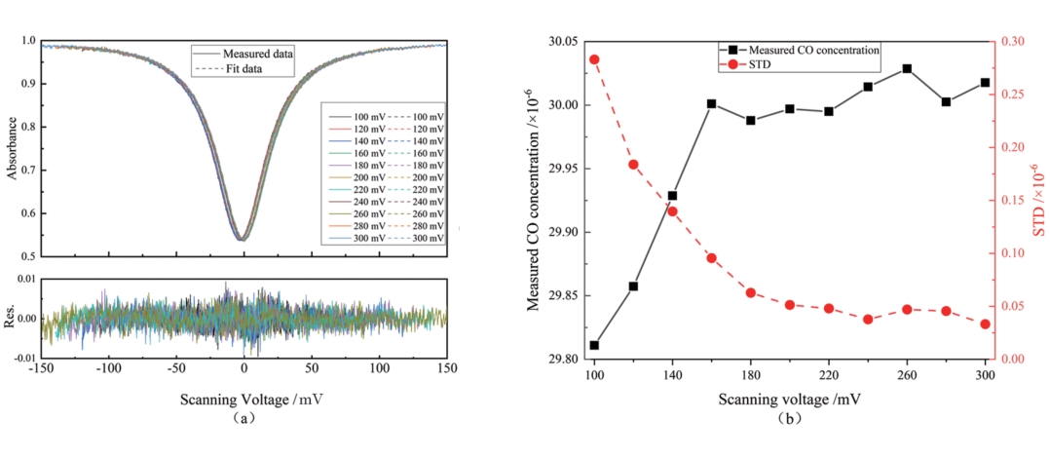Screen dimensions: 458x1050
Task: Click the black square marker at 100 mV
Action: coord(594,345)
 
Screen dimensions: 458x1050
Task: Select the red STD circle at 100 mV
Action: coord(594,59)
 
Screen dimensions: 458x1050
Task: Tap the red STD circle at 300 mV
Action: coord(985,324)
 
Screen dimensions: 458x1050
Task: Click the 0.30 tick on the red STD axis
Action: coord(1012,42)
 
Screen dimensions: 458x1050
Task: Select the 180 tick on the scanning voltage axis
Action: coord(750,375)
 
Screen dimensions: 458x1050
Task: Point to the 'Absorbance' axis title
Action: coord(13,148)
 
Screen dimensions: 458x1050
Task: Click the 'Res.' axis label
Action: coord(13,318)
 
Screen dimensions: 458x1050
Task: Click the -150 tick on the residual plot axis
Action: coord(40,369)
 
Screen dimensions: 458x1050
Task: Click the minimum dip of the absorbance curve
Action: coord(242,238)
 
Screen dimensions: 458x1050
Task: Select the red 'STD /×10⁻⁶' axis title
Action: coord(1035,200)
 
